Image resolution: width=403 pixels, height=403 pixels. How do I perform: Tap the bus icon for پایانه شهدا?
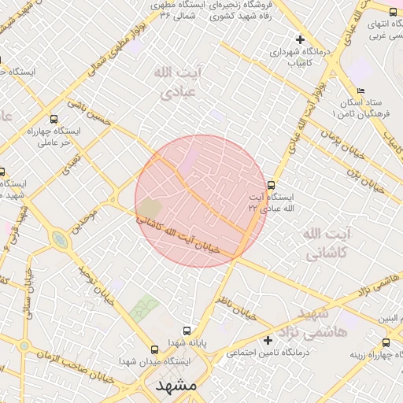tap(187, 331)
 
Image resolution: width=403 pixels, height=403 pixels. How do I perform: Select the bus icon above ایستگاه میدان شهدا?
tap(155, 349)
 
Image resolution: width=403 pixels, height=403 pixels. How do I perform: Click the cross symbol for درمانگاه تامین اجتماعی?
tap(269, 340)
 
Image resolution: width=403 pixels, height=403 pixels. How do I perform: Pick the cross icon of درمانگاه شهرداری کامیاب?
tap(299, 39)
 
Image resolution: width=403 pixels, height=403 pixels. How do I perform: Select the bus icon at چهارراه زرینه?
tap(386, 342)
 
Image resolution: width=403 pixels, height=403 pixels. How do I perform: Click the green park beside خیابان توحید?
tap(143, 308)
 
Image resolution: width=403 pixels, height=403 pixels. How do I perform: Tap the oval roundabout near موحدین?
tap(60, 239)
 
